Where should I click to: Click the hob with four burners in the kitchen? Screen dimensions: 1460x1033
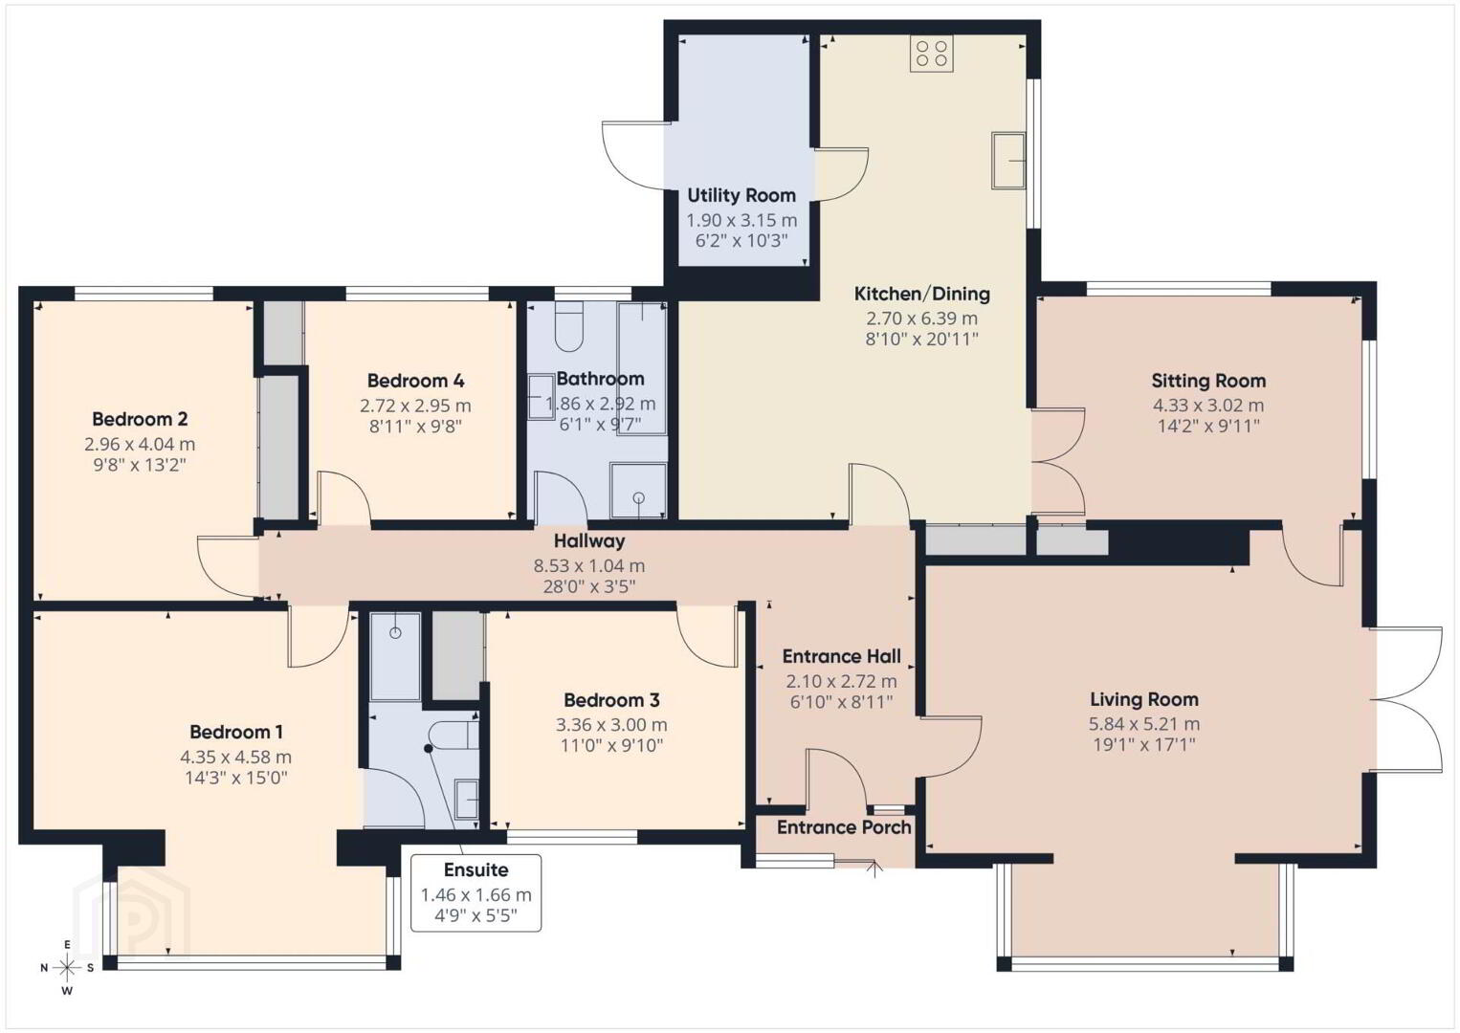click(932, 53)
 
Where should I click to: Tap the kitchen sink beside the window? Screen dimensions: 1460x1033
click(1008, 161)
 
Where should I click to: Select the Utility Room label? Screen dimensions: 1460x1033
click(741, 195)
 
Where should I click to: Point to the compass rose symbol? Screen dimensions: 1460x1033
click(67, 968)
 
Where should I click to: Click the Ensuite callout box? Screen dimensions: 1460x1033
click(476, 892)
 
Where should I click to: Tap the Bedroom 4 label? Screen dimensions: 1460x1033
click(416, 380)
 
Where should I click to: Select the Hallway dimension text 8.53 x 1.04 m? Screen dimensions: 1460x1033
click(589, 565)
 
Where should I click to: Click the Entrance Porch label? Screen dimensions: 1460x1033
click(844, 827)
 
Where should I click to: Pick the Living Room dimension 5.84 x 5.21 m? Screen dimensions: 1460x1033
click(1144, 723)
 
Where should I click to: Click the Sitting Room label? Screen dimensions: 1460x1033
click(1208, 381)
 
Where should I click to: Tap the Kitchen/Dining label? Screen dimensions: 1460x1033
click(921, 294)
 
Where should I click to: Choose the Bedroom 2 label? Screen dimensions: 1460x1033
click(140, 418)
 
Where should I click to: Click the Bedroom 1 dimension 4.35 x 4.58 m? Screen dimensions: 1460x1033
click(236, 757)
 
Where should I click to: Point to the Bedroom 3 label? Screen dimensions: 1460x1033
click(611, 700)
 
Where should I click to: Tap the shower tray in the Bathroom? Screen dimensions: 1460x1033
click(638, 490)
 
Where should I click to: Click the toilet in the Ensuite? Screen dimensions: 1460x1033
click(456, 736)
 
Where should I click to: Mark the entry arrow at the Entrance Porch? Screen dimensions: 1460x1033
click(874, 869)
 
